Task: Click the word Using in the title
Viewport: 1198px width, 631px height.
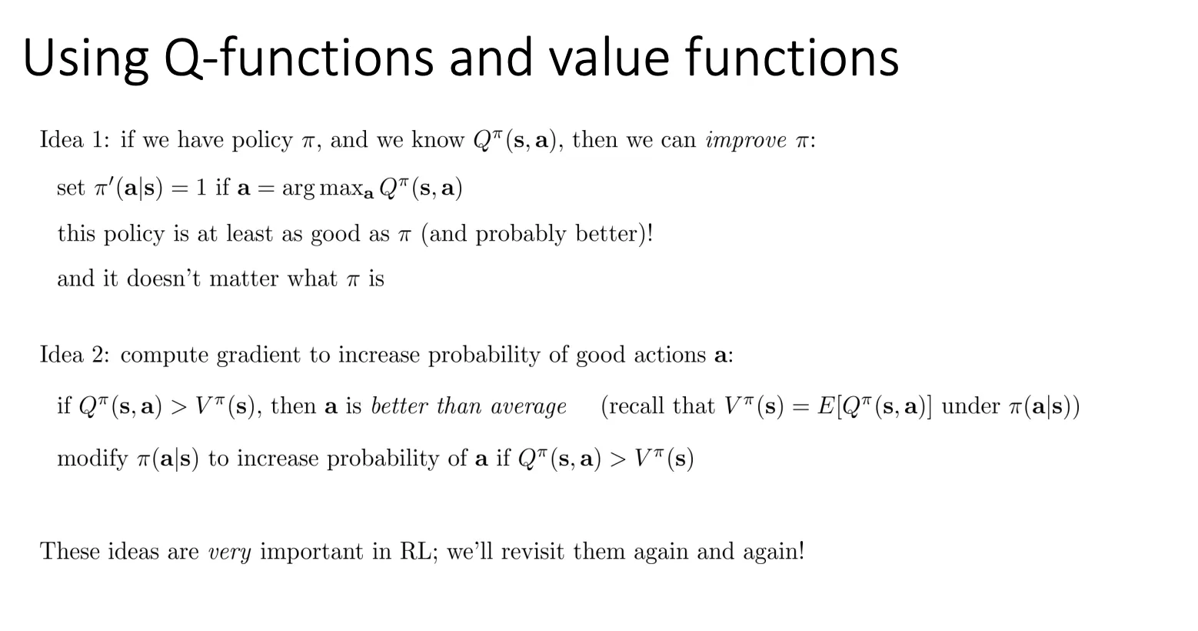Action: coord(85,60)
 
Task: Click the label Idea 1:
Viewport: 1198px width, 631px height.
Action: coord(75,140)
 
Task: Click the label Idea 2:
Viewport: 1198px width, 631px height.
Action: coord(75,355)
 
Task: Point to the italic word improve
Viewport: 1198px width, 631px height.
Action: coord(746,141)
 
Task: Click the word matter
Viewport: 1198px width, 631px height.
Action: coord(244,279)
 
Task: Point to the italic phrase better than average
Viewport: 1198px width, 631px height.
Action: coord(468,406)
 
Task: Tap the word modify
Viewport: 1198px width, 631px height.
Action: coord(92,459)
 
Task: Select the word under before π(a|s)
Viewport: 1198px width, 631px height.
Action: coord(970,406)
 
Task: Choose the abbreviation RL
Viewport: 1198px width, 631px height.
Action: coord(418,551)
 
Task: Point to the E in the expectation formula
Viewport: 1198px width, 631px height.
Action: coord(826,406)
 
